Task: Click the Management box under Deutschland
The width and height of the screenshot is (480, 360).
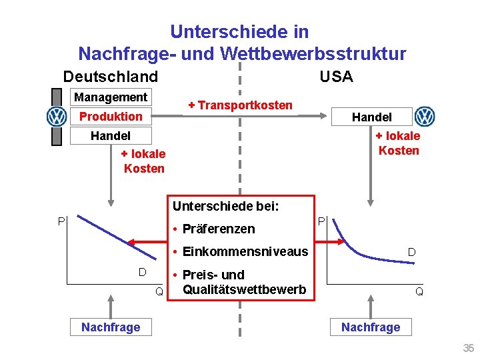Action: [x=111, y=97]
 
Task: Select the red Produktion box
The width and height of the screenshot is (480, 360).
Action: [x=111, y=117]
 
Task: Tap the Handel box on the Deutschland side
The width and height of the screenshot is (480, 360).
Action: [x=111, y=136]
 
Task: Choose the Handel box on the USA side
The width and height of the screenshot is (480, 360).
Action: [x=371, y=117]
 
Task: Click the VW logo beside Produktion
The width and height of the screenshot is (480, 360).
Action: [x=57, y=117]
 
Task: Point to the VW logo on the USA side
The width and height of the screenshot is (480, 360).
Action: [x=424, y=117]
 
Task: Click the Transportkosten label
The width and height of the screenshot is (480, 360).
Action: [x=240, y=105]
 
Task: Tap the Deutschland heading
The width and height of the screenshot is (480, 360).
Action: [x=111, y=77]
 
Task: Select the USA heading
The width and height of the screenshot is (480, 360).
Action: [x=336, y=77]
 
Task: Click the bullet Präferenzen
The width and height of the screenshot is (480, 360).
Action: [x=213, y=229]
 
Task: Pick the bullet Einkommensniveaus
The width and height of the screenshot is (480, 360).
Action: [x=240, y=251]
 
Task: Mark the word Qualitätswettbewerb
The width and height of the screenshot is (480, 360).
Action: [x=244, y=289]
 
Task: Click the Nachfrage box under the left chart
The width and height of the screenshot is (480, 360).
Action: [x=111, y=327]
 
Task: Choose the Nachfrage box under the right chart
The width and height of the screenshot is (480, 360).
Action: [x=371, y=327]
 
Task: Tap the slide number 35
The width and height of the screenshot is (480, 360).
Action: [x=469, y=348]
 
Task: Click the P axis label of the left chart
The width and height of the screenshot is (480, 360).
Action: [x=61, y=221]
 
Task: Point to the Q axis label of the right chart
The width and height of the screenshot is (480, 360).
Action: [x=419, y=291]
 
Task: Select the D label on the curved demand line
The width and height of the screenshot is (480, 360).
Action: [x=412, y=252]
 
